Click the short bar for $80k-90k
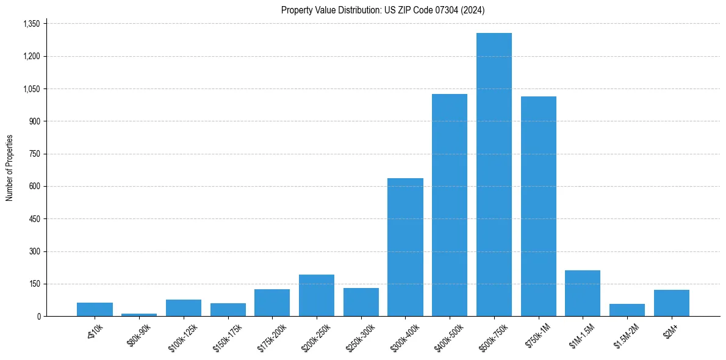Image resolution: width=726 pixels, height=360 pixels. coord(139,315)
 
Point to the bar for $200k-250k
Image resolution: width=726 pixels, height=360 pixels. coord(317,295)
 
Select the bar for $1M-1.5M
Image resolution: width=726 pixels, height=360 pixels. coord(583,293)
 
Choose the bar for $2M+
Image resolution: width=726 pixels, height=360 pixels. coord(672,303)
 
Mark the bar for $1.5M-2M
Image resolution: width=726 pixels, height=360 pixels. coord(627,310)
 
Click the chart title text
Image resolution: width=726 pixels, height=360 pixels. coord(383,10)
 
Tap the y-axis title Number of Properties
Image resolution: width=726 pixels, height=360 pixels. coord(10,168)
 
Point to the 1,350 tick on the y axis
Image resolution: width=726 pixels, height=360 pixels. coord(31,24)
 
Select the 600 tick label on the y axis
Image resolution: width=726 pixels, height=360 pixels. coord(35,186)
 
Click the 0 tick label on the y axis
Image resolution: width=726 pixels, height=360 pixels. coord(38,316)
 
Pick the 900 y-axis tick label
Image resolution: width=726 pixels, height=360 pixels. coord(35,121)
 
